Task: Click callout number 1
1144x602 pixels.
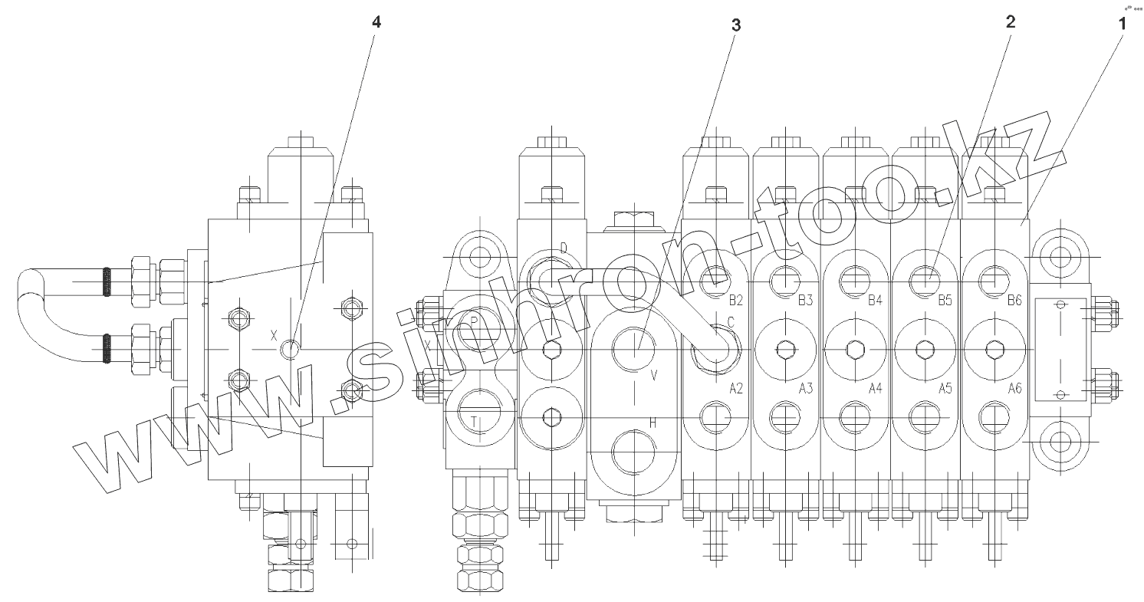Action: (1121, 23)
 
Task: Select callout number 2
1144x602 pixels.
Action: (1010, 22)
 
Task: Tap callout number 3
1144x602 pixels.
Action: (735, 25)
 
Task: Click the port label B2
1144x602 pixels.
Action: (736, 300)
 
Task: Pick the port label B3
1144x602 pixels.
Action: (805, 300)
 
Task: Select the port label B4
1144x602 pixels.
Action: (875, 300)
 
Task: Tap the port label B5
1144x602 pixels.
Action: (945, 300)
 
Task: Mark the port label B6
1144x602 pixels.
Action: (1014, 300)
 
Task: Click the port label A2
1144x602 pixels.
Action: (736, 388)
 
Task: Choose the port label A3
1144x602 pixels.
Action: (805, 388)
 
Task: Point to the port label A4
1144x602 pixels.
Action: (875, 388)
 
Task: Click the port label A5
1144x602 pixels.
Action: (945, 388)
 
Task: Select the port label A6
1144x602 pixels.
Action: (1014, 388)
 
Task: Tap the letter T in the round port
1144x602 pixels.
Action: (475, 420)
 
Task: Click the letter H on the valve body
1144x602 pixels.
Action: (653, 422)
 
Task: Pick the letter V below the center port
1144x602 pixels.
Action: (653, 375)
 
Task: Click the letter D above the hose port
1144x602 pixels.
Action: (563, 248)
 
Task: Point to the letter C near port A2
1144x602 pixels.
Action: (730, 323)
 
